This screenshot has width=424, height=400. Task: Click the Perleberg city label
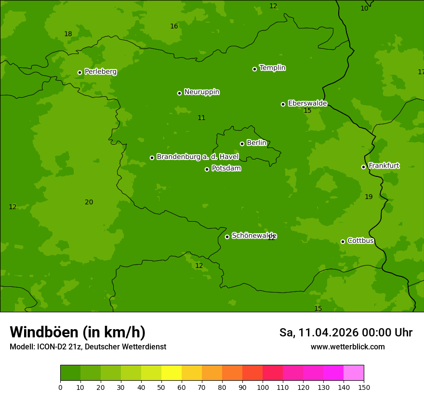tap(100, 72)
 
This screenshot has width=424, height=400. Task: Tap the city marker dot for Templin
tap(254, 69)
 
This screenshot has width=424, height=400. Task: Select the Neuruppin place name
tap(201, 92)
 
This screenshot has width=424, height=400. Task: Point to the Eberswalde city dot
tap(283, 104)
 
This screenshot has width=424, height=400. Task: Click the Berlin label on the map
tap(256, 143)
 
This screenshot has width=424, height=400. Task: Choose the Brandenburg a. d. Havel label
tap(198, 157)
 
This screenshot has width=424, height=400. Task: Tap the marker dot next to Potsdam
tap(207, 169)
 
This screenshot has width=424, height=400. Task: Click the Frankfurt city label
tap(384, 166)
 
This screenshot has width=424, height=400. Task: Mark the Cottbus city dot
tap(343, 241)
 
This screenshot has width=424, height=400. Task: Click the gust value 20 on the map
tap(89, 202)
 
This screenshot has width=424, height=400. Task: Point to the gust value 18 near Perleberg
tap(68, 34)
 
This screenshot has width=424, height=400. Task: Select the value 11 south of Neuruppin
tap(201, 118)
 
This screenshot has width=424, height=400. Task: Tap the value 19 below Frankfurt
tap(369, 197)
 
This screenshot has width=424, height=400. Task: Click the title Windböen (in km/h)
tap(78, 332)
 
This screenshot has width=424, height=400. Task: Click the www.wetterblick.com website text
tap(347, 347)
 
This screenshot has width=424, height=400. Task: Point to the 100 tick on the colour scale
tap(263, 387)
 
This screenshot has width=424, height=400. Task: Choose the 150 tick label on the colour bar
tap(364, 387)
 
